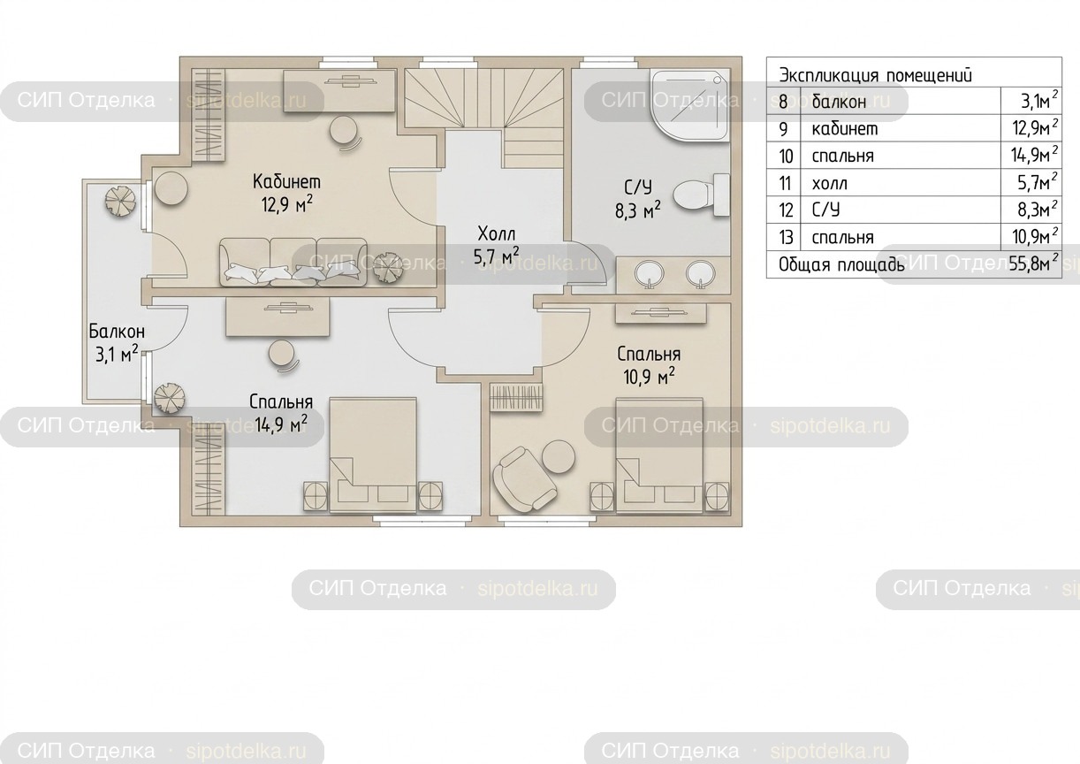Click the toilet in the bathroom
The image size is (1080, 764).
click(x=702, y=195)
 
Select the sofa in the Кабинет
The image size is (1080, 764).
click(x=293, y=263)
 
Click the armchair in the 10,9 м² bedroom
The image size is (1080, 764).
click(x=523, y=480)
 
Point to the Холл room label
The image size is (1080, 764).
click(x=496, y=234)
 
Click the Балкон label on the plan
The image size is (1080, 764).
click(x=117, y=332)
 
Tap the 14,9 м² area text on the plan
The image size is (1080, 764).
click(x=281, y=424)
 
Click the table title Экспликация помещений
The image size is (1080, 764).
click(x=876, y=75)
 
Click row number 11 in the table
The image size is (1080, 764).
click(x=786, y=183)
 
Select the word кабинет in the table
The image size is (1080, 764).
click(x=845, y=129)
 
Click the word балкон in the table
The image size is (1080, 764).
click(x=839, y=102)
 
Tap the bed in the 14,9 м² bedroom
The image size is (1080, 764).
click(x=373, y=455)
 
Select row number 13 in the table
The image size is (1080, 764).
click(x=787, y=237)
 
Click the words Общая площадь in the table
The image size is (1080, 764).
click(x=841, y=265)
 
